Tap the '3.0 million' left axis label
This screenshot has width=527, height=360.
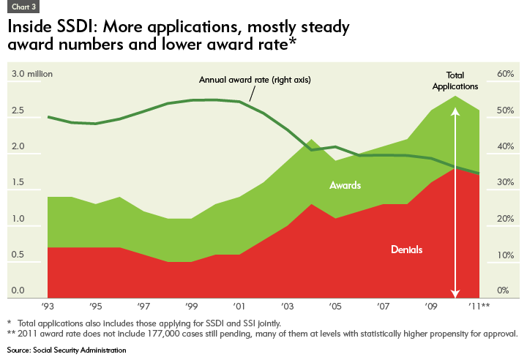31,75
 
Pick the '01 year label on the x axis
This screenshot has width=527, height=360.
239,305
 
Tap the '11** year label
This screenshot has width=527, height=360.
479,305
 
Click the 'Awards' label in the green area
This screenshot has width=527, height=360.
344,186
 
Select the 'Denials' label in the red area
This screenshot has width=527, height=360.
405,250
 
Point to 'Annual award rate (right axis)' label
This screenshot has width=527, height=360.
255,80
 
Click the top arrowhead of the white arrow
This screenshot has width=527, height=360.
455,112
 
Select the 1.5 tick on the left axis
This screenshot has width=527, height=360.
18,183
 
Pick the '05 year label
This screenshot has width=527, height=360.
334,305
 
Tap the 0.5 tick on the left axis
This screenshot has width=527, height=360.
18,255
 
